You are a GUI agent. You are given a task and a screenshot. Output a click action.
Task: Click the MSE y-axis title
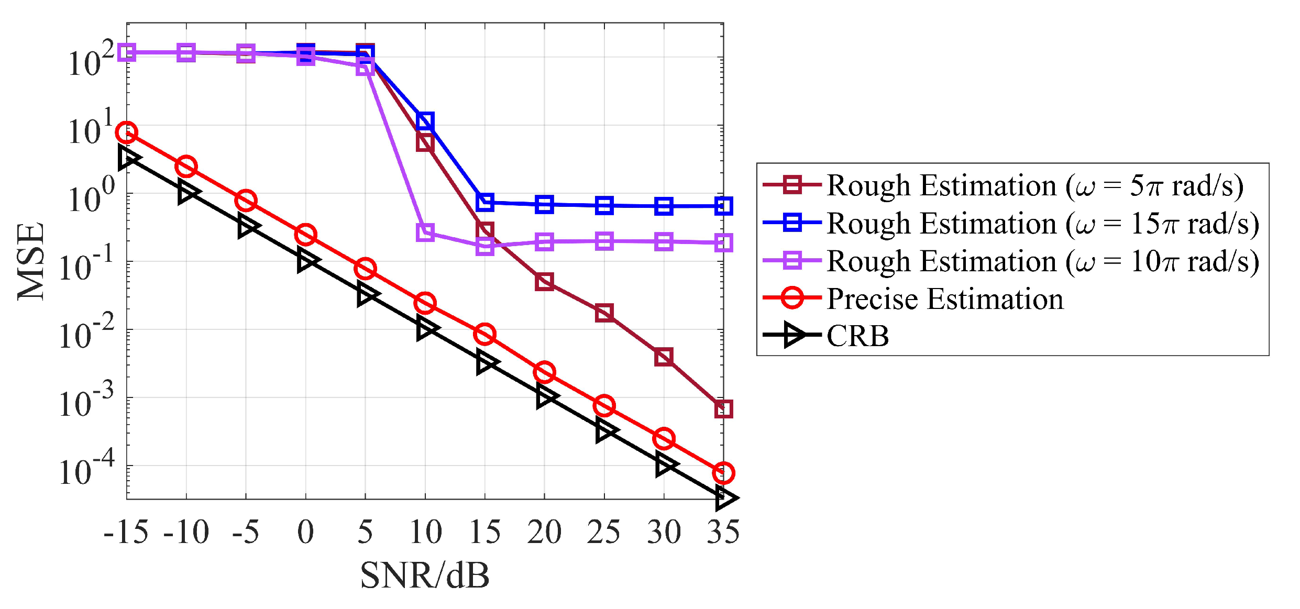click(x=30, y=262)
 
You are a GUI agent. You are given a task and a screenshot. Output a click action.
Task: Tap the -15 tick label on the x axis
click(x=126, y=533)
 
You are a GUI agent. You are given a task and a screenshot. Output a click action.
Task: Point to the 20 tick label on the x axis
click(x=544, y=533)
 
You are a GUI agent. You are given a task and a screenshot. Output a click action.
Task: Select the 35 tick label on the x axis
click(x=723, y=533)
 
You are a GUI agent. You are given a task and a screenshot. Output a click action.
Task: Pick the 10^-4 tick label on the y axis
click(x=86, y=469)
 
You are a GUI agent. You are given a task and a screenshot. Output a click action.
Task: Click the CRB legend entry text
click(x=857, y=336)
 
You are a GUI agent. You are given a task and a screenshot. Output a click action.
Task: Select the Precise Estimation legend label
click(x=945, y=299)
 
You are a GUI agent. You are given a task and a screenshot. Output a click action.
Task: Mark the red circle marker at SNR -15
click(x=127, y=132)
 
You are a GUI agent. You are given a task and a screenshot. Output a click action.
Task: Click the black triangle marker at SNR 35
click(x=725, y=498)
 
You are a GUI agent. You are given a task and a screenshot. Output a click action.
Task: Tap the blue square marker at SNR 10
click(x=425, y=121)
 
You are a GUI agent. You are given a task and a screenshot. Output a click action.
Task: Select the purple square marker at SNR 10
click(x=425, y=232)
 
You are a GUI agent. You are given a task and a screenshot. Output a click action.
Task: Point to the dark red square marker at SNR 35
click(x=723, y=408)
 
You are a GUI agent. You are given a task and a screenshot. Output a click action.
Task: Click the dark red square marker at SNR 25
click(x=604, y=313)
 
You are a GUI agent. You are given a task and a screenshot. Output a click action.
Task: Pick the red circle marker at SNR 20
click(x=544, y=372)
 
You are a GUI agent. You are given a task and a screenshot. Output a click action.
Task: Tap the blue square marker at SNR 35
click(x=723, y=206)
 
